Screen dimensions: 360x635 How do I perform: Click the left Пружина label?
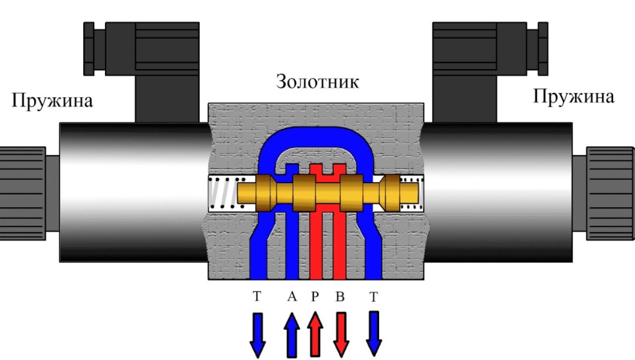[x=51, y=101]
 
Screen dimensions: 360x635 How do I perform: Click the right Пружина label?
[x=574, y=97]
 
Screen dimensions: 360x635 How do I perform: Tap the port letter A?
[x=291, y=297]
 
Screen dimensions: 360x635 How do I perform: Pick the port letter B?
[x=340, y=297]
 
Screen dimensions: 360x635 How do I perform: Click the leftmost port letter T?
[x=257, y=297]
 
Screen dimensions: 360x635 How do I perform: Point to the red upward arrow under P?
[x=315, y=334]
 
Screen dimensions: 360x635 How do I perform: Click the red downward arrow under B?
[x=340, y=334]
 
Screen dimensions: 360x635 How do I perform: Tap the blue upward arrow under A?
[x=291, y=334]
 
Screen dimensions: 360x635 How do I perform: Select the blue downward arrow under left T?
[x=257, y=334]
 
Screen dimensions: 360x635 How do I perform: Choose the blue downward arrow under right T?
[x=373, y=334]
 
